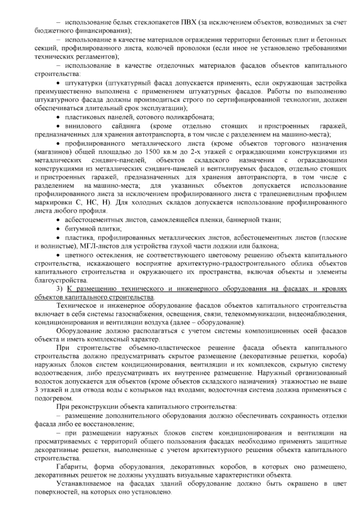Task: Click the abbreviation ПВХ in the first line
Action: (x=187, y=23)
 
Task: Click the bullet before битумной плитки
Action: (x=58, y=229)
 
